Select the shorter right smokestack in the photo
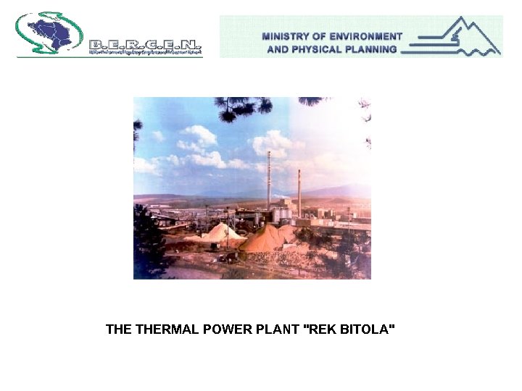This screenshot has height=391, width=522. point(299,193)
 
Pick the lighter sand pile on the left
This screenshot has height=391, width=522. point(220,232)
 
